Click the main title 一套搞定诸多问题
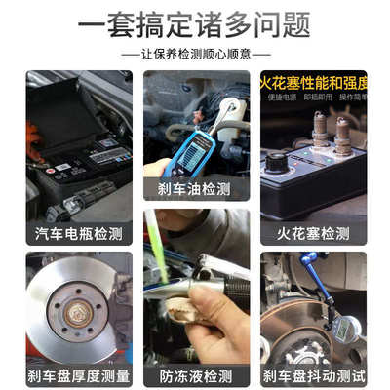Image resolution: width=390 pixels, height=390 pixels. pyautogui.click(x=195, y=21)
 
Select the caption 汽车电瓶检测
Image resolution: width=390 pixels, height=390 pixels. pyautogui.click(x=78, y=234)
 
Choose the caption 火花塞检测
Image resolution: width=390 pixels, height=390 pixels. pyautogui.click(x=312, y=234)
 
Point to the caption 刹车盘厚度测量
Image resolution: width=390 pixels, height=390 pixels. pyautogui.click(x=78, y=374)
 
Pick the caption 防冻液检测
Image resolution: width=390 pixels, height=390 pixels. pyautogui.click(x=196, y=374)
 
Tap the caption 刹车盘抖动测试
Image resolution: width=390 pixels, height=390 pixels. pyautogui.click(x=312, y=374)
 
